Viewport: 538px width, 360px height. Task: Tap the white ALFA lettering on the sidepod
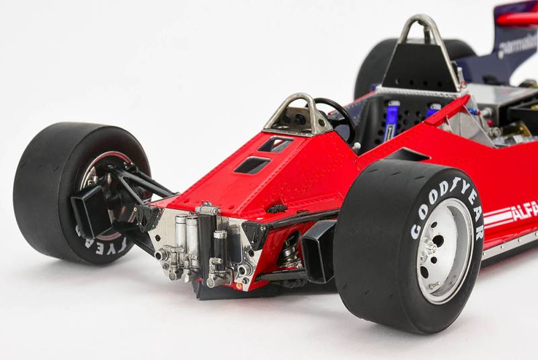[x=525, y=211]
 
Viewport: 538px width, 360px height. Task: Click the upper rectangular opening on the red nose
[x=275, y=144]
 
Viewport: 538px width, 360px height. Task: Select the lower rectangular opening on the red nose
[x=252, y=165]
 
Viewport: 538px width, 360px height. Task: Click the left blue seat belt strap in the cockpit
[x=391, y=121]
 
